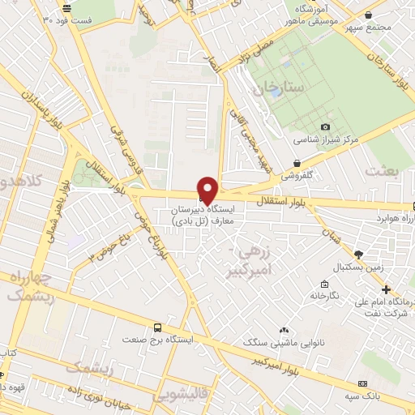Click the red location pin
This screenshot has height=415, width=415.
(208, 190)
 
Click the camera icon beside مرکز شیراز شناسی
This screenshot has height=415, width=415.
(326, 126)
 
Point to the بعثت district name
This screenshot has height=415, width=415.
(383, 170)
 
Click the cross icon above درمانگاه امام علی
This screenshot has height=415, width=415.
(387, 289)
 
